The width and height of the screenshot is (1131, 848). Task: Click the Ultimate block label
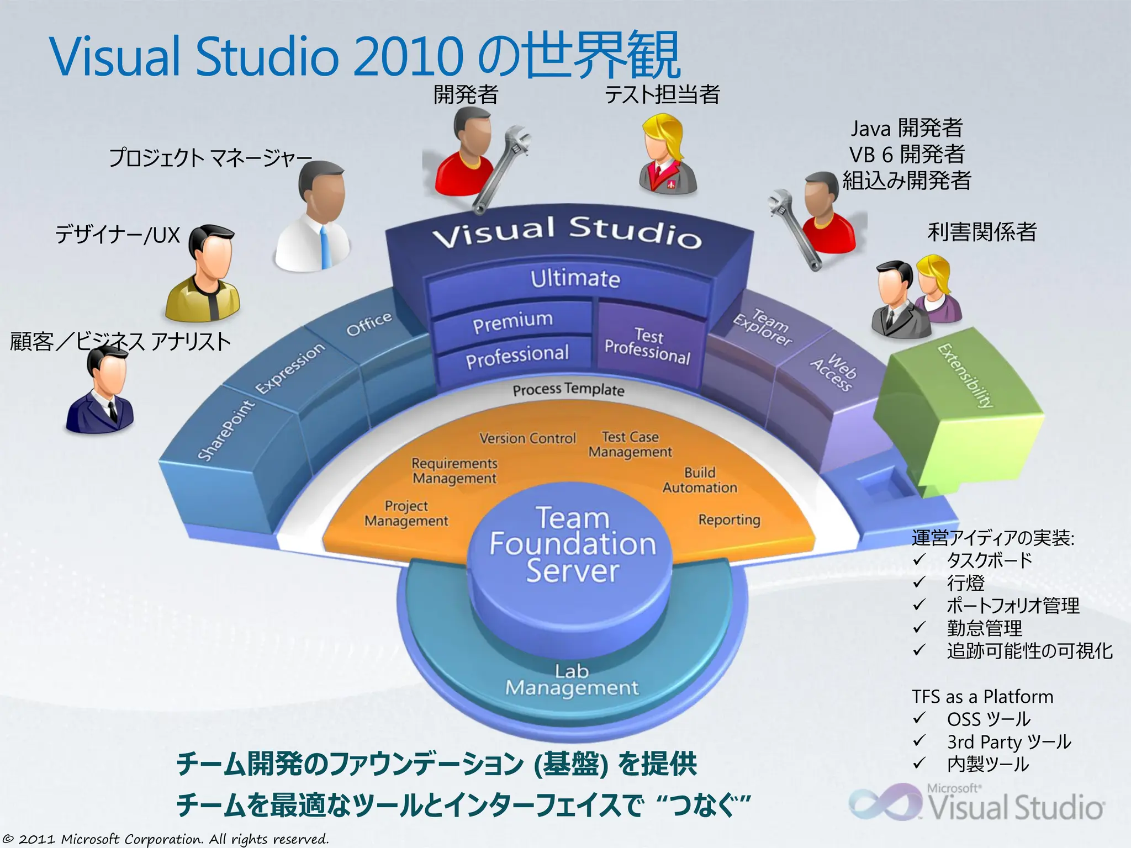tap(575, 278)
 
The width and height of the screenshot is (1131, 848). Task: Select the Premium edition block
tap(512, 322)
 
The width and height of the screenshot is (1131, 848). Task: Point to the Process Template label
tap(568, 390)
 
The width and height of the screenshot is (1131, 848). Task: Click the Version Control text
tap(527, 438)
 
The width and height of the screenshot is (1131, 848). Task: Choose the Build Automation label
tap(700, 480)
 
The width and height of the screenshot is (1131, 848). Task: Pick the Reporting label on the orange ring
tap(729, 520)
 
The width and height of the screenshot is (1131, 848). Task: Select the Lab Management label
tap(572, 680)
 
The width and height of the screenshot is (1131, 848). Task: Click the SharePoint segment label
tap(226, 431)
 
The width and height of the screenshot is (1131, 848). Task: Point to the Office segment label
tap(369, 324)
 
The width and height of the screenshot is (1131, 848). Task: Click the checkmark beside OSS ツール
tap(919, 718)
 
